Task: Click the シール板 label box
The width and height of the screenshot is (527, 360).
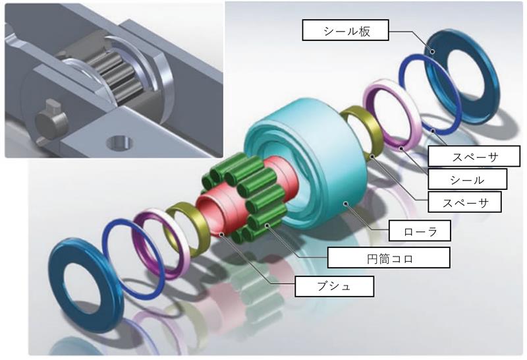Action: coord(345,30)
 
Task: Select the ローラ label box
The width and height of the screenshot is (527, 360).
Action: coord(420,231)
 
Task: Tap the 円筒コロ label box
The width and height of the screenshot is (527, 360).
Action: coord(389,258)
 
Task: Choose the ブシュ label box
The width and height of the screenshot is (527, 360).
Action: coord(335,286)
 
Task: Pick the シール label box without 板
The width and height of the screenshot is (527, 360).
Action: coord(467,179)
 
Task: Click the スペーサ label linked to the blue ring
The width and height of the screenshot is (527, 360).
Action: coord(474,156)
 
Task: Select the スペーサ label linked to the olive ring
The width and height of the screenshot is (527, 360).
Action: coord(465,202)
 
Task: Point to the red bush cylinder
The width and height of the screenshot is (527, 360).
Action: coord(215,212)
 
